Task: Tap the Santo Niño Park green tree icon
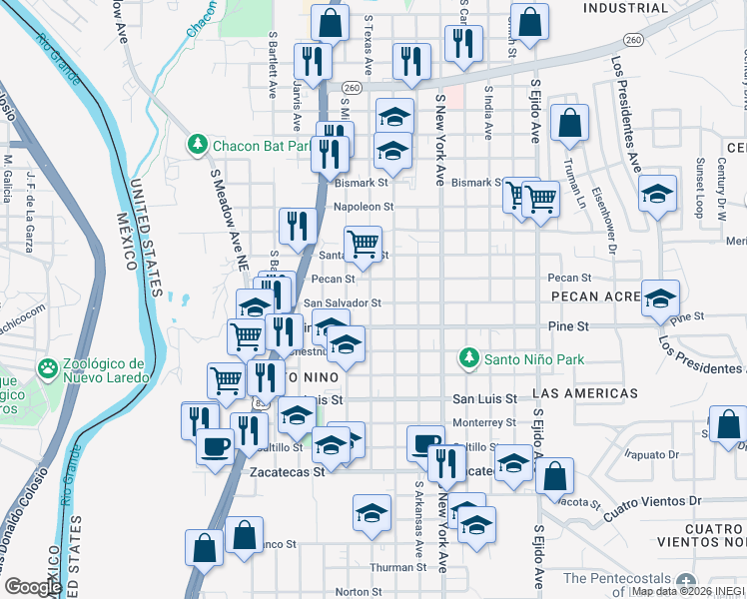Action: pyautogui.click(x=466, y=356)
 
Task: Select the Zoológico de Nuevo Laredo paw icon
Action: pyautogui.click(x=47, y=368)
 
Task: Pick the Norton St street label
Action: pyautogui.click(x=352, y=591)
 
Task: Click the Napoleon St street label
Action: pyautogui.click(x=364, y=207)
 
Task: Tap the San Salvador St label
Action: pyautogui.click(x=343, y=302)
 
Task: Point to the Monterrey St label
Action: pyautogui.click(x=482, y=422)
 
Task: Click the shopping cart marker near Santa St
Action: pyautogui.click(x=363, y=244)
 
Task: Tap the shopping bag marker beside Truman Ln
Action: pyautogui.click(x=569, y=125)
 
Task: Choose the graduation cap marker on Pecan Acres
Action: pyautogui.click(x=660, y=298)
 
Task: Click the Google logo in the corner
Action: pyautogui.click(x=34, y=587)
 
